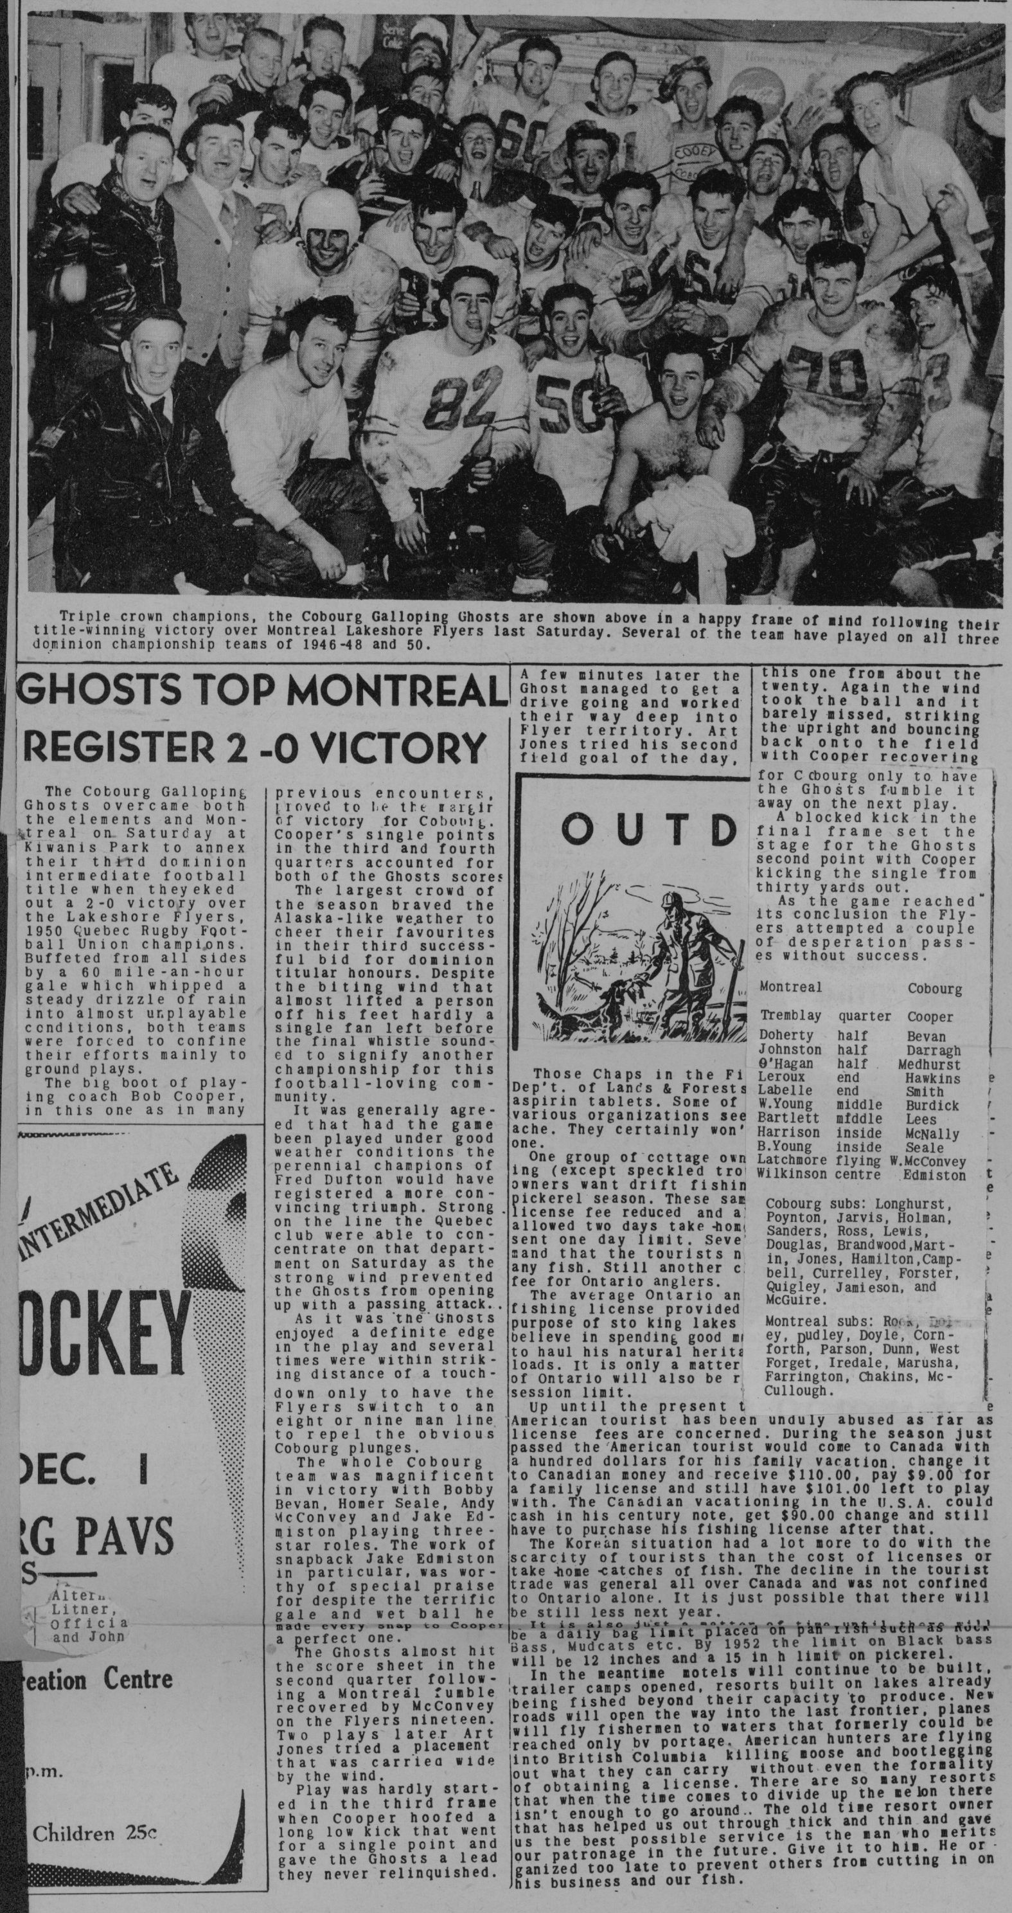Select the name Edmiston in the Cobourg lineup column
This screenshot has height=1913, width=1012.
936,1176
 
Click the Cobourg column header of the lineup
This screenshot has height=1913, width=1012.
934,989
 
